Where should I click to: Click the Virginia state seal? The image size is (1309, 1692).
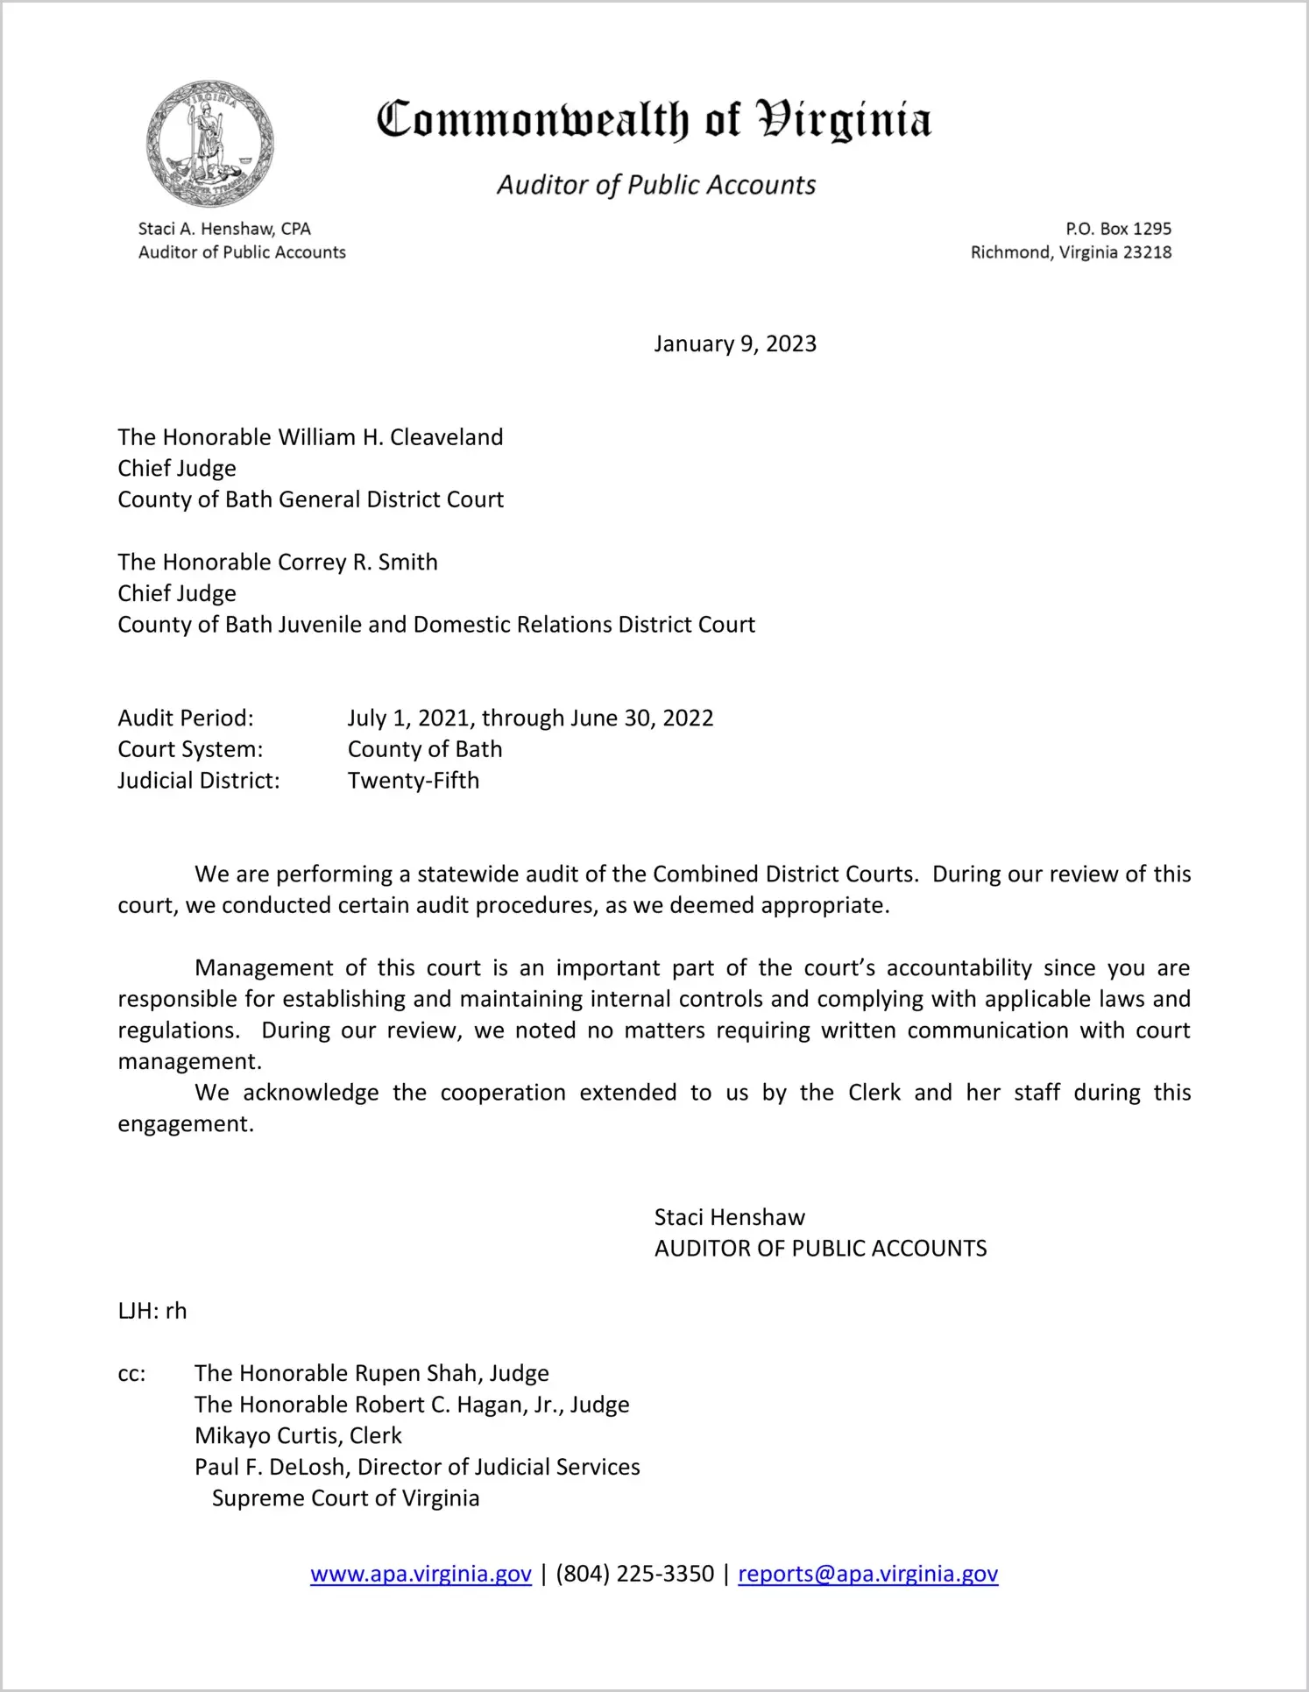coord(209,144)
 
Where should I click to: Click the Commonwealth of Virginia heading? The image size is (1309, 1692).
coord(654,120)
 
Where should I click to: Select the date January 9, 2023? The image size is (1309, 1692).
coord(734,343)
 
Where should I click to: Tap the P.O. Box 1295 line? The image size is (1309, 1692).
coord(1118,229)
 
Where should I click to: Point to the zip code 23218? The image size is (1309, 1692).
coord(1147,252)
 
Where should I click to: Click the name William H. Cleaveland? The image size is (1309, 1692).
coord(391,437)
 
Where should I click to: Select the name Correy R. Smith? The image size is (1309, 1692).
coord(357,562)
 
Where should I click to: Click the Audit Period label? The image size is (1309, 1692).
coord(186,718)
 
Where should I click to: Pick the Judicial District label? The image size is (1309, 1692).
coord(199,780)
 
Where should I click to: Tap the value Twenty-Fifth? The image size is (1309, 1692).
coord(414,780)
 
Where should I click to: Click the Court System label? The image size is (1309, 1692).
coord(190,749)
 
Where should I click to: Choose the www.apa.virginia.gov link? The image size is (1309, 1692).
coord(421,1574)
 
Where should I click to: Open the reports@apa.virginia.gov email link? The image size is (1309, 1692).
coord(867,1574)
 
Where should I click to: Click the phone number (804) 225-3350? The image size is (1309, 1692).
coord(634,1574)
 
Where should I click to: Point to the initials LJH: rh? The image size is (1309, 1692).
coord(152,1311)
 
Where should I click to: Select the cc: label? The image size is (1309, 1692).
coord(131,1374)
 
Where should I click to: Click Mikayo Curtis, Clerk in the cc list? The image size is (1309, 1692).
coord(298,1435)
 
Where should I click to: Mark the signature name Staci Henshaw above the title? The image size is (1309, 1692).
coord(729,1217)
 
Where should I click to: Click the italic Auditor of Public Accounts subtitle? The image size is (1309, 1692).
coord(656,185)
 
